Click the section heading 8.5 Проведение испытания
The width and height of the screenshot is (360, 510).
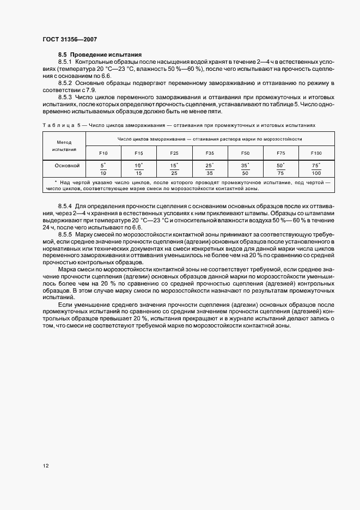100,55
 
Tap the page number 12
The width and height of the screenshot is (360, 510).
45,466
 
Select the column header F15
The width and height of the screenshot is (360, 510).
139,153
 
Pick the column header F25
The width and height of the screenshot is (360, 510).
174,153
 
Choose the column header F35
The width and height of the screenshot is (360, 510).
210,153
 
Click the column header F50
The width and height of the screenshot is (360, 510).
245,153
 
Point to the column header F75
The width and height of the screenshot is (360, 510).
281,153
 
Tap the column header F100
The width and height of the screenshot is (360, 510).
316,153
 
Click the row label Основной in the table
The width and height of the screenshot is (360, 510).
67,165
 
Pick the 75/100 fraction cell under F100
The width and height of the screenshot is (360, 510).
316,168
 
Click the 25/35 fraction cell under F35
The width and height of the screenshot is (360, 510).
210,168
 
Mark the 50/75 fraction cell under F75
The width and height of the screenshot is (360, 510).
281,168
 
